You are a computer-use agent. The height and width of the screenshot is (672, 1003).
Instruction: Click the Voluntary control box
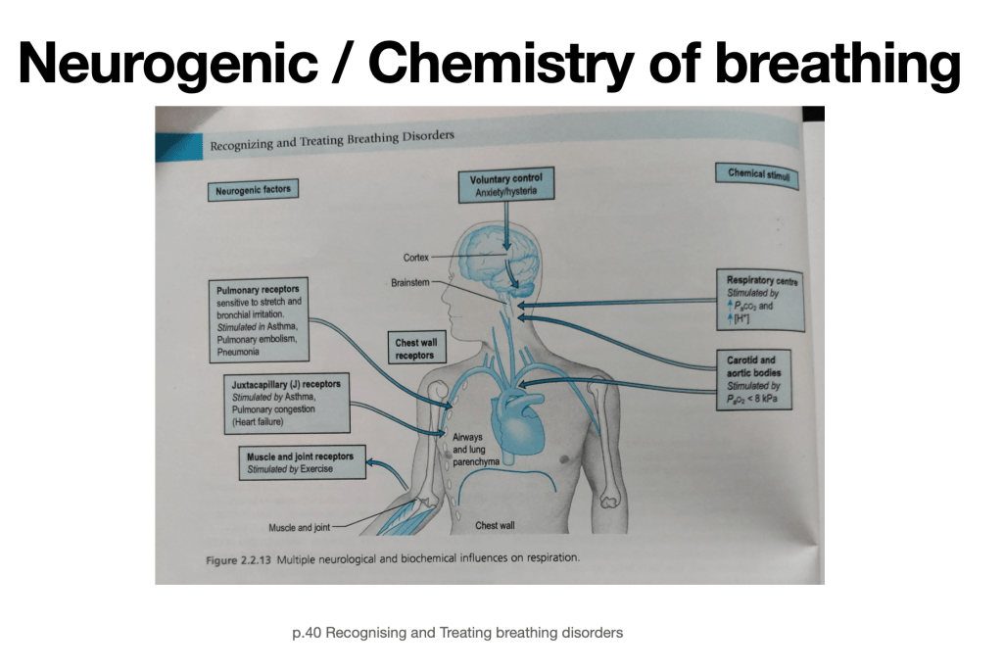505,185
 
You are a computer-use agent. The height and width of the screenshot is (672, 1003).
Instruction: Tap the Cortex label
416,257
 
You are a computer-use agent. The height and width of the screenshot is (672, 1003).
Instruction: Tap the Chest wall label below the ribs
495,526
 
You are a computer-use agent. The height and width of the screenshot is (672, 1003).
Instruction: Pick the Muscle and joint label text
299,528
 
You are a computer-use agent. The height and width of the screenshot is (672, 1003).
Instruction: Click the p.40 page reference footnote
457,633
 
